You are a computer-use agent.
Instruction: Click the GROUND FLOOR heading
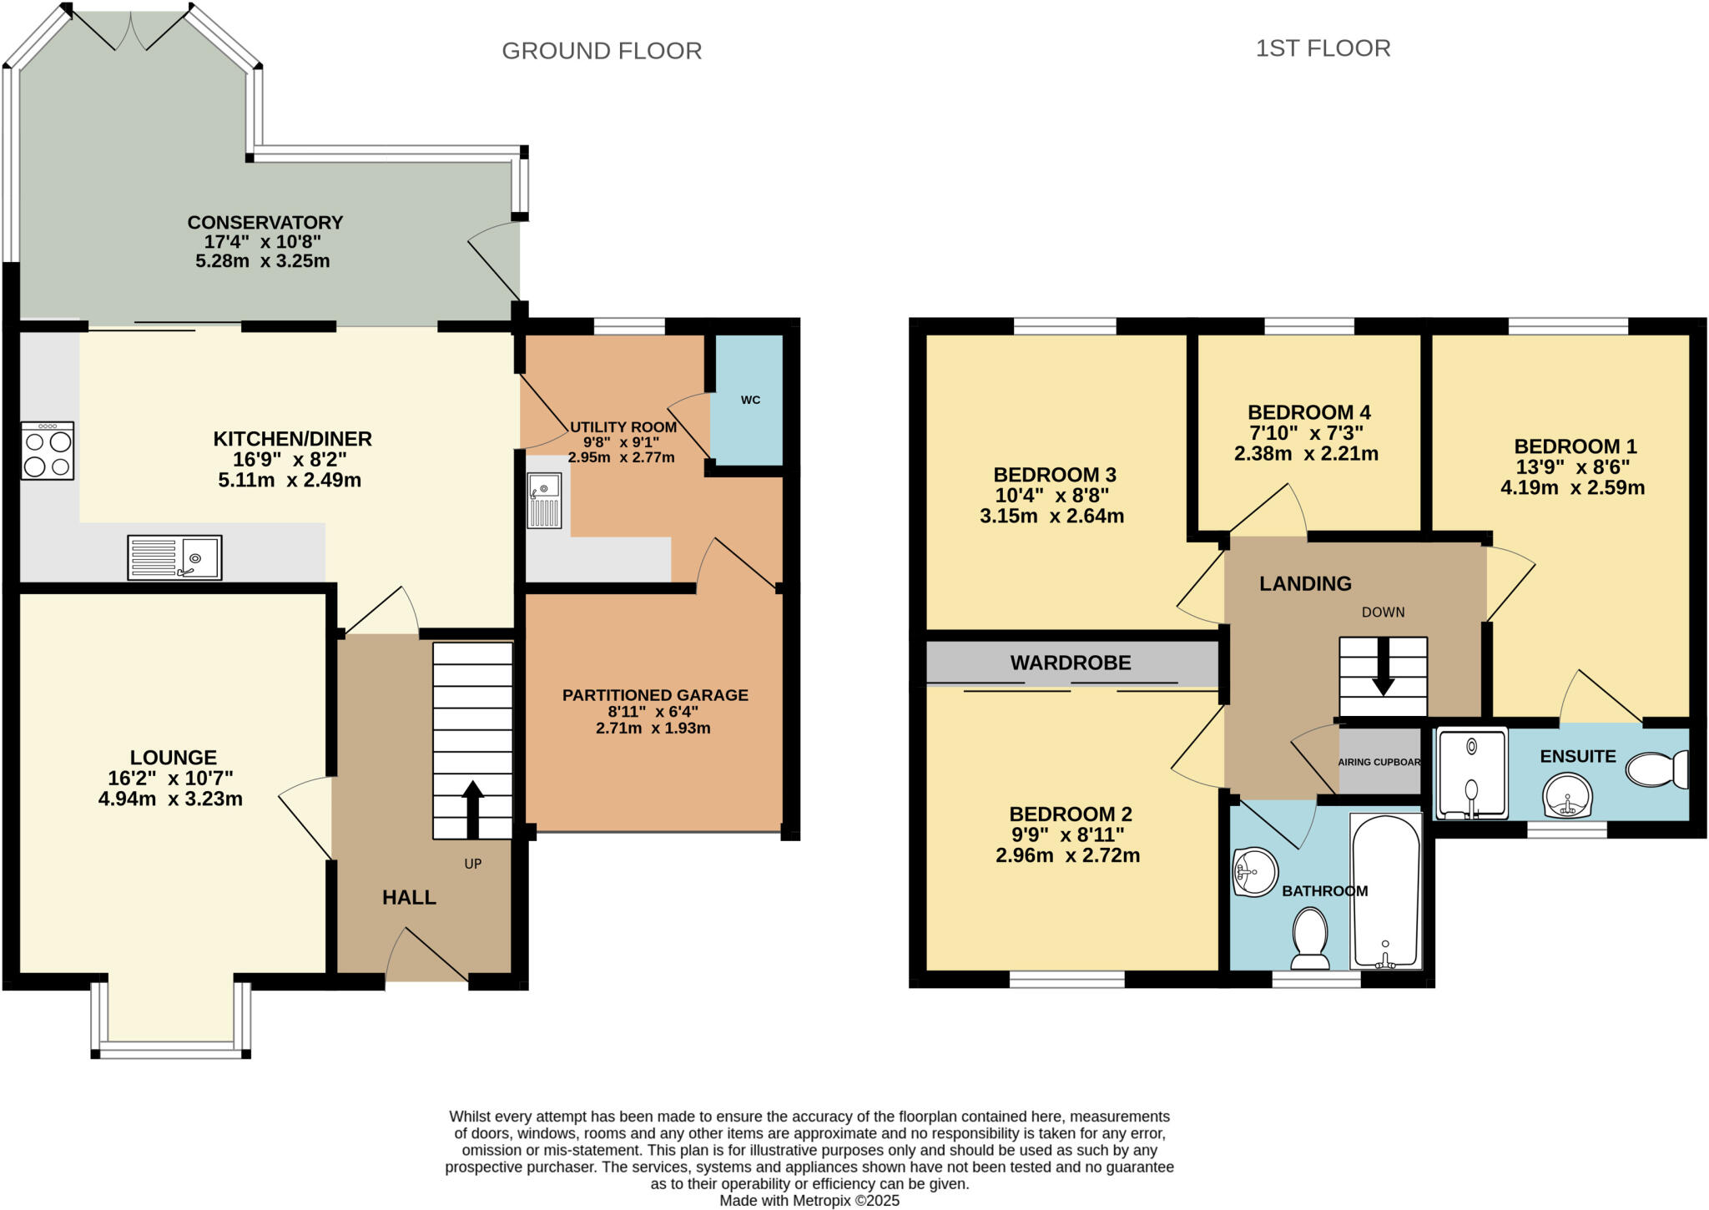click(602, 51)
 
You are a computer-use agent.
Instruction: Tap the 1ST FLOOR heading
click(1323, 48)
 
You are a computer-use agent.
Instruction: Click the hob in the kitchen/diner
click(48, 451)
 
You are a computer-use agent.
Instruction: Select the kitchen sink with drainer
click(174, 557)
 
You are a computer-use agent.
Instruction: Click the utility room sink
click(544, 500)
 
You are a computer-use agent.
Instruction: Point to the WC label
click(750, 400)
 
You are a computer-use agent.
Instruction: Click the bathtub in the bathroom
click(1385, 890)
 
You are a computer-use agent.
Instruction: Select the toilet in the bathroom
click(1310, 938)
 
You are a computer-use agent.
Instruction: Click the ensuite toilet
click(1657, 769)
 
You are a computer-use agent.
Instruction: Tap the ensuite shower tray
click(1471, 773)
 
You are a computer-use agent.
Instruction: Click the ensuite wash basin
click(1568, 794)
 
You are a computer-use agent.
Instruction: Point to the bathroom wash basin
click(1255, 872)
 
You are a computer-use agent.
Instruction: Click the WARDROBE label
click(1071, 663)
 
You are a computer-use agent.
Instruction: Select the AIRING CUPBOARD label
click(1379, 762)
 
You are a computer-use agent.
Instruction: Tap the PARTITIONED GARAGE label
click(655, 695)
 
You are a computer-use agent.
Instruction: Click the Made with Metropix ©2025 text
click(809, 1201)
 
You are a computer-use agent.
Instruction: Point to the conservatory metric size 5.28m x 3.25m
click(263, 261)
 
